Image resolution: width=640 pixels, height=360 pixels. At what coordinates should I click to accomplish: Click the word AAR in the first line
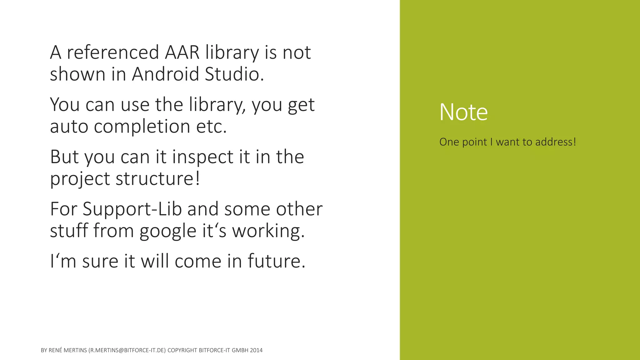[x=182, y=52]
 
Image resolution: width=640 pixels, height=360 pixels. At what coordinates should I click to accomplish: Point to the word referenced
[x=113, y=52]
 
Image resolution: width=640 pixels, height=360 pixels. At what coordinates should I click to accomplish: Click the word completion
[x=142, y=126]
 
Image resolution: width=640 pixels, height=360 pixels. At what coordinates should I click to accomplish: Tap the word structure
[x=157, y=178]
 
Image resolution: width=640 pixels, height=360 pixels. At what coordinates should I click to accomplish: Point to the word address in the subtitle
[x=555, y=142]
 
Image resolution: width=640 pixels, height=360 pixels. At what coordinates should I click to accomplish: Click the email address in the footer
[x=127, y=350]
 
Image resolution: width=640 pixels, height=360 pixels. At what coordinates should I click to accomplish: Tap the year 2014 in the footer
[x=256, y=350]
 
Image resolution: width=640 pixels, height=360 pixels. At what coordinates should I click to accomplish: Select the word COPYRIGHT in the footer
[x=182, y=350]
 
